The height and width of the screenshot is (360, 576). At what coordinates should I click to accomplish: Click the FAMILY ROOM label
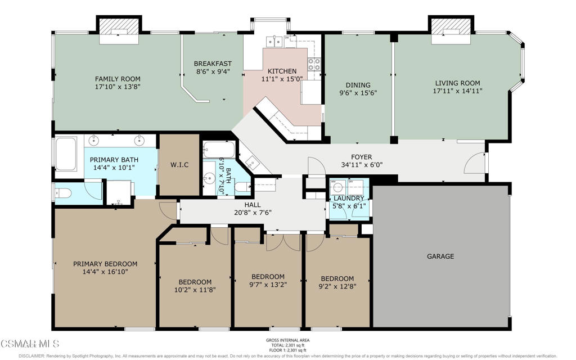pyautogui.click(x=118, y=79)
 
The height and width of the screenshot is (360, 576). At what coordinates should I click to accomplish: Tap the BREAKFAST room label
pyautogui.click(x=213, y=64)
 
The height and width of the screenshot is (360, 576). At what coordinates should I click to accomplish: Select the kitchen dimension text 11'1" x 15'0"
pyautogui.click(x=281, y=79)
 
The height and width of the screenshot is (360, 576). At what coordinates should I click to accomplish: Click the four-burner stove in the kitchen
pyautogui.click(x=314, y=65)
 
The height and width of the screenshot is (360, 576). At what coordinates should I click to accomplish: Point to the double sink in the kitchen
pyautogui.click(x=275, y=40)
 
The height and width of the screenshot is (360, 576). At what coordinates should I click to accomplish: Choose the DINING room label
pyautogui.click(x=358, y=85)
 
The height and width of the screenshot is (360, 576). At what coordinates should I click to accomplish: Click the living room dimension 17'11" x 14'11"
pyautogui.click(x=457, y=91)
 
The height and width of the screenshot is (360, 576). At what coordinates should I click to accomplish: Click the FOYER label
pyautogui.click(x=361, y=157)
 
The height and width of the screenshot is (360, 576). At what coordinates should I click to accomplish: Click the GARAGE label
pyautogui.click(x=440, y=256)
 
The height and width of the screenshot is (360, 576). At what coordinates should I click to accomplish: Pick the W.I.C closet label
pyautogui.click(x=179, y=165)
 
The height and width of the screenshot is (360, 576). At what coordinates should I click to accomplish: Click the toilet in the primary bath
pyautogui.click(x=62, y=192)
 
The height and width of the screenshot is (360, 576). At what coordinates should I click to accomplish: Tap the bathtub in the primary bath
pyautogui.click(x=66, y=154)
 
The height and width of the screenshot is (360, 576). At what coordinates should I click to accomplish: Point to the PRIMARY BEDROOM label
pyautogui.click(x=105, y=264)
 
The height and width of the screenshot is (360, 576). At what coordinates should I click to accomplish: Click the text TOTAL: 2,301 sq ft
pyautogui.click(x=287, y=346)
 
